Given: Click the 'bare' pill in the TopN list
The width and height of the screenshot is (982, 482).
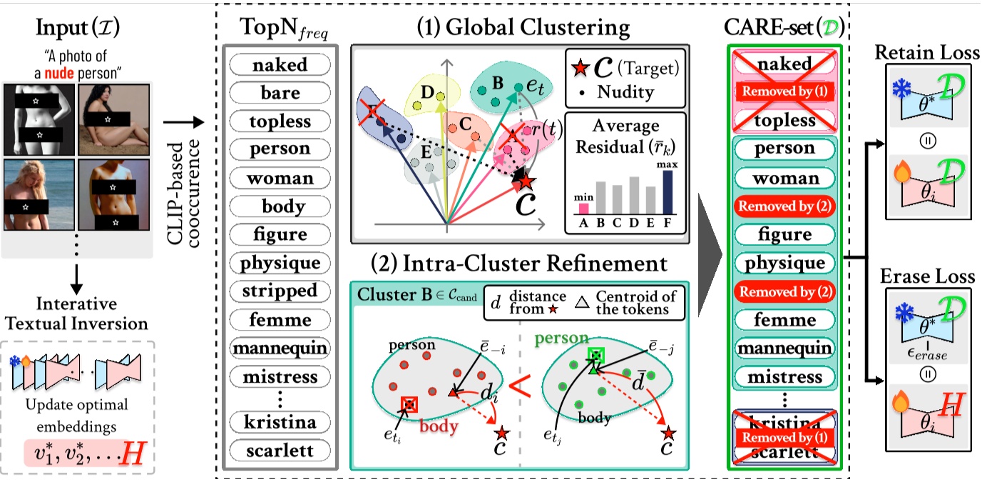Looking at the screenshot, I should pos(280,93).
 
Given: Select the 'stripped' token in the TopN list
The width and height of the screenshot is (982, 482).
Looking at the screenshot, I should pos(280,291).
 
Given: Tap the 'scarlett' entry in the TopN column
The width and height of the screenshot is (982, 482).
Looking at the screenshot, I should pos(280,451).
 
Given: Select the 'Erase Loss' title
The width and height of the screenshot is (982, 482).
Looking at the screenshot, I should pos(928,276).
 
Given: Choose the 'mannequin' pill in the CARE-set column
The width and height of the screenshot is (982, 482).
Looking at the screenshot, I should pos(784,348).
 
